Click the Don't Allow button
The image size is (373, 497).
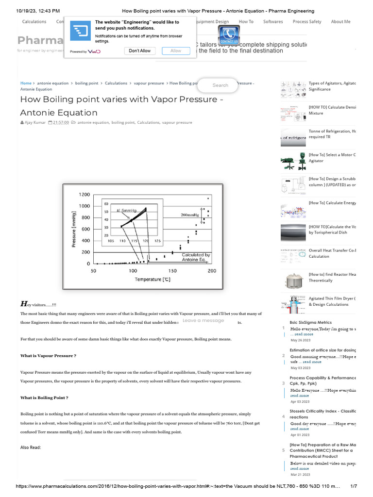(x=140, y=50)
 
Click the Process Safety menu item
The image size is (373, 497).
(x=307, y=21)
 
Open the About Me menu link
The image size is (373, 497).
(x=340, y=21)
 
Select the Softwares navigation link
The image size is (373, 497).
(x=273, y=21)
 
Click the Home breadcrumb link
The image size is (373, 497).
(x=26, y=83)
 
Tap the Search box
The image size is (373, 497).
(x=220, y=85)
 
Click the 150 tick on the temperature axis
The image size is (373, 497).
(x=172, y=270)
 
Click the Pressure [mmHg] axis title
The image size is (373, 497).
(x=74, y=228)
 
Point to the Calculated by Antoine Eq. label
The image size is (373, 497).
(x=196, y=257)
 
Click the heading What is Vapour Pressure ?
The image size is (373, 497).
(x=48, y=356)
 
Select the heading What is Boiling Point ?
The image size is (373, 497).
(x=44, y=398)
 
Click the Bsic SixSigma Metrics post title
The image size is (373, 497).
(x=310, y=322)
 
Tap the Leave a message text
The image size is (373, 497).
(x=203, y=320)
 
